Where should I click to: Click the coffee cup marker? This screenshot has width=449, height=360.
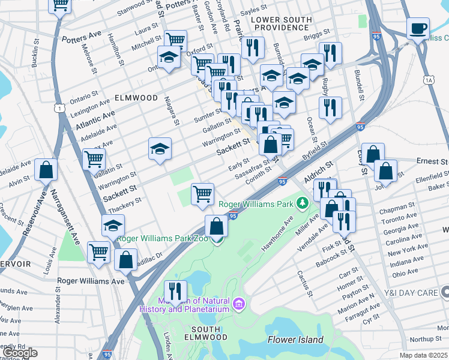click(418, 28)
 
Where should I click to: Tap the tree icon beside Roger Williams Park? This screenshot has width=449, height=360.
click(303, 204)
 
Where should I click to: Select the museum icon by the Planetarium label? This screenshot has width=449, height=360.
click(240, 304)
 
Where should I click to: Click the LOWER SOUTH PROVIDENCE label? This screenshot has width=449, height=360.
click(282, 23)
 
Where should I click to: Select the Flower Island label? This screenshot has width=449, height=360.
click(295, 340)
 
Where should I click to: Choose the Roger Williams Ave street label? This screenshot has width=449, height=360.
click(91, 280)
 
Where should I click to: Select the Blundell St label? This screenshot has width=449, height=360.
click(360, 84)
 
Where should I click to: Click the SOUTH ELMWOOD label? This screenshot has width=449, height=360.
click(208, 330)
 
